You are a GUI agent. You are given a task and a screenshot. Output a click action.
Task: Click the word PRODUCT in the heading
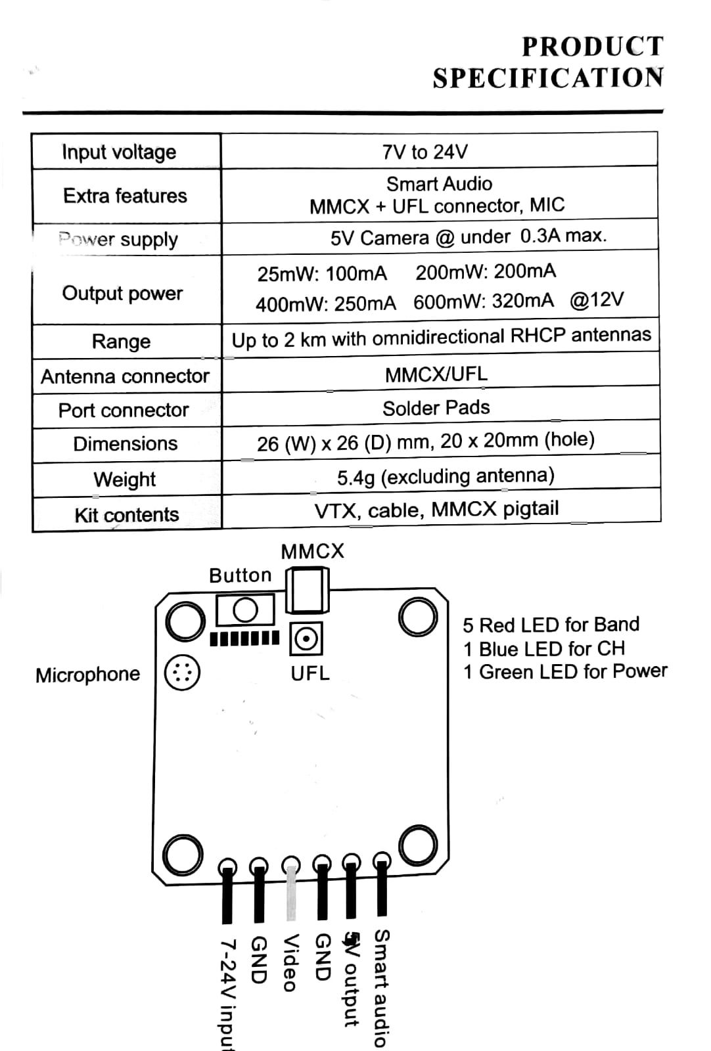[x=592, y=47]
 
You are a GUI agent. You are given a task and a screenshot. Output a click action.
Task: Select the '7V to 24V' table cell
[x=425, y=152]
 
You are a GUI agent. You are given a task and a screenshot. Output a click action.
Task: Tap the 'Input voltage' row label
[x=119, y=152]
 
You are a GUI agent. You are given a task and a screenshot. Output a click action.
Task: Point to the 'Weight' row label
[x=125, y=479]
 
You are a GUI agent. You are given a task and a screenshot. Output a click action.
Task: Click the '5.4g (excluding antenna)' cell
[x=446, y=476]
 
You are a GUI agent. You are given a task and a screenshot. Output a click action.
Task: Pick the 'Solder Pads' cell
[x=436, y=408]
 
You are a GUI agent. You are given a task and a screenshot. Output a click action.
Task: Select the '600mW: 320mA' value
[x=484, y=302]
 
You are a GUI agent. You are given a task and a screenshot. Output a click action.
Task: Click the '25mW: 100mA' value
[x=322, y=273]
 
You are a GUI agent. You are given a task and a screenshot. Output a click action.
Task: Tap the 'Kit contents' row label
[x=126, y=514]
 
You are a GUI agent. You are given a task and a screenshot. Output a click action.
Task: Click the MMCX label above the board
[x=312, y=551]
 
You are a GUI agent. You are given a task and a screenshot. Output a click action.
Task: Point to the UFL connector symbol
[x=306, y=638]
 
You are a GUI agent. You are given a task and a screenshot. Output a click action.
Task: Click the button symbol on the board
[x=245, y=610]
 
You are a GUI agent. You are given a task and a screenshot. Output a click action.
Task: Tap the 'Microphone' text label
[x=88, y=675]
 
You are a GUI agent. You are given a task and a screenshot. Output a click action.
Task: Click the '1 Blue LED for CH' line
[x=543, y=649]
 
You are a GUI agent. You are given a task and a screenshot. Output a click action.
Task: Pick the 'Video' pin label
[x=290, y=962]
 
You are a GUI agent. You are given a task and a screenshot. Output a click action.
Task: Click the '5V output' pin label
[x=352, y=979]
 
